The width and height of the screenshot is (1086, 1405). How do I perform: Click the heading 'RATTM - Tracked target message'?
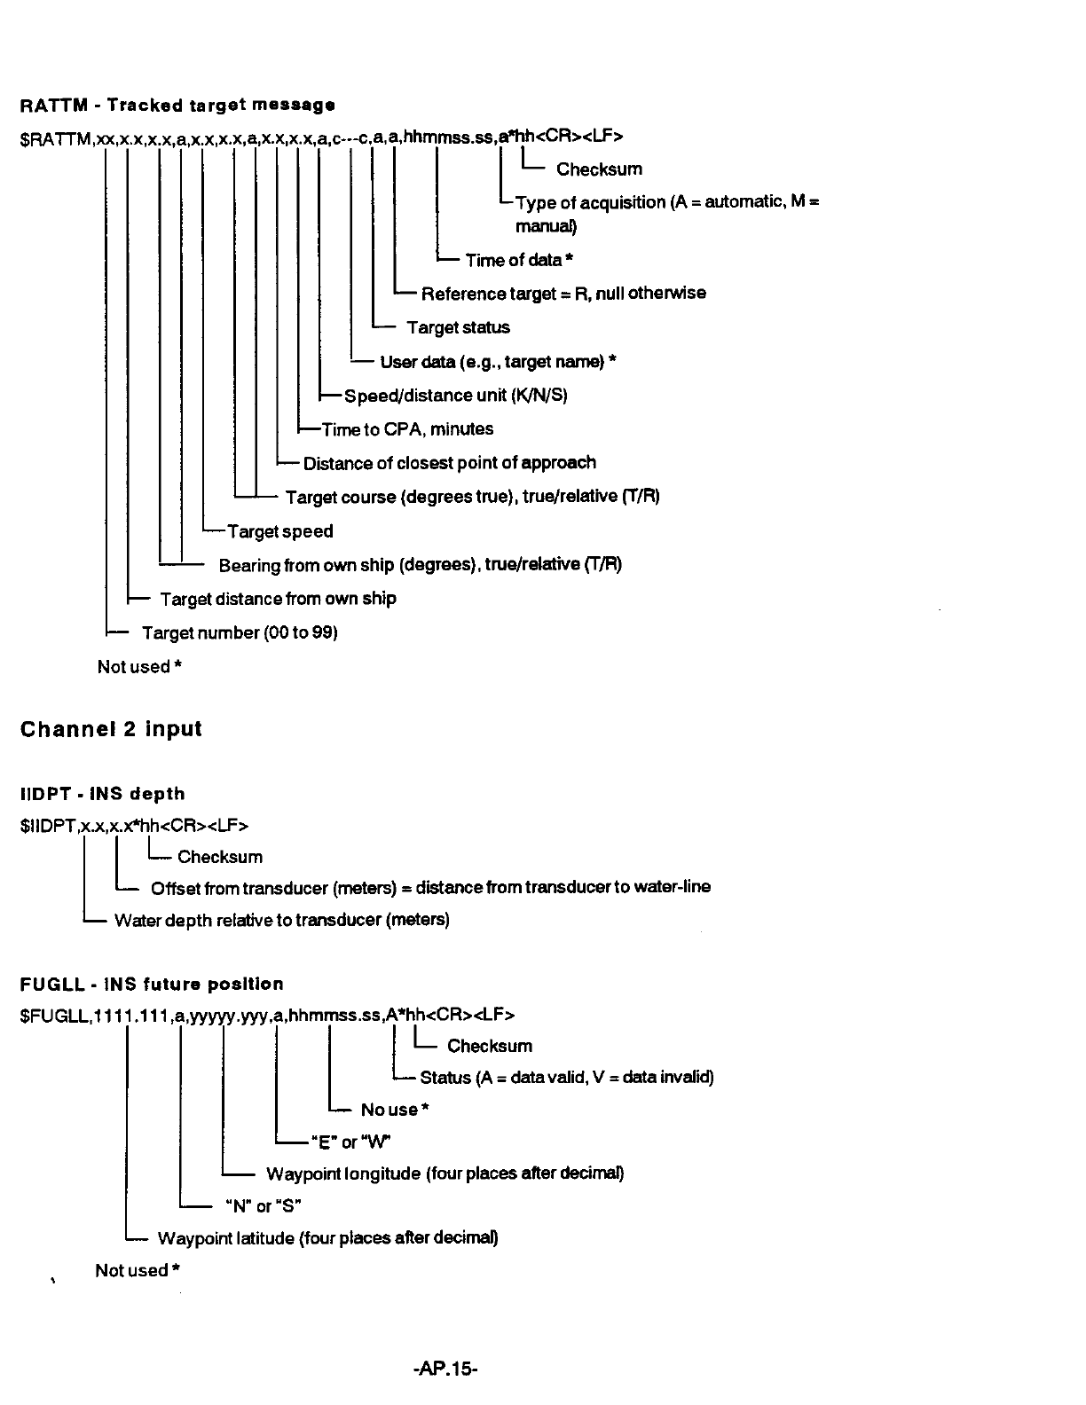tap(177, 106)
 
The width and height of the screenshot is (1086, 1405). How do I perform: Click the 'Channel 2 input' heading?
tap(111, 729)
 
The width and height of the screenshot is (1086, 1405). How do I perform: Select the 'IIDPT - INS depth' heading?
tap(102, 794)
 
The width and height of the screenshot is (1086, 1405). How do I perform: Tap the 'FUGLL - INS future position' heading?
tap(152, 984)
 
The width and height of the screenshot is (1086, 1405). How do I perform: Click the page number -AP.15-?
tap(445, 1369)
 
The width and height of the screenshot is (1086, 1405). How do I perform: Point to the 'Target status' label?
tap(458, 327)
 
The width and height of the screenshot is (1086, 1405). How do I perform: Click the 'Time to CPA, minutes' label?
tap(407, 429)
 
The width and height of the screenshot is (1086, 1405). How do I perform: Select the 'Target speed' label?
tap(280, 531)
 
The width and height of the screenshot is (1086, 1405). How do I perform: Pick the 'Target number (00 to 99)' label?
tap(240, 632)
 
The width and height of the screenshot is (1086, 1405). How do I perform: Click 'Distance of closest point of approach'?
tap(449, 463)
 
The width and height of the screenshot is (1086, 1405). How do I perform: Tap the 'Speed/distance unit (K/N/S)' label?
tap(455, 396)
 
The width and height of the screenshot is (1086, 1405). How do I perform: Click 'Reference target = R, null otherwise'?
tap(563, 294)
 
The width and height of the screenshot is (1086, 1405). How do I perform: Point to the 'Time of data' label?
tap(514, 260)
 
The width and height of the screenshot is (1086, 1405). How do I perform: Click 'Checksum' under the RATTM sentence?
tap(599, 169)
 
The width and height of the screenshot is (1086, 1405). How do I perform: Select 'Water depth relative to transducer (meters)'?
tap(281, 920)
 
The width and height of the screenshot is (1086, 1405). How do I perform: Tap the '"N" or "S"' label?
tap(262, 1206)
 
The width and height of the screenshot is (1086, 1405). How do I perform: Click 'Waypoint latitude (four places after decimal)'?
tap(327, 1238)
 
